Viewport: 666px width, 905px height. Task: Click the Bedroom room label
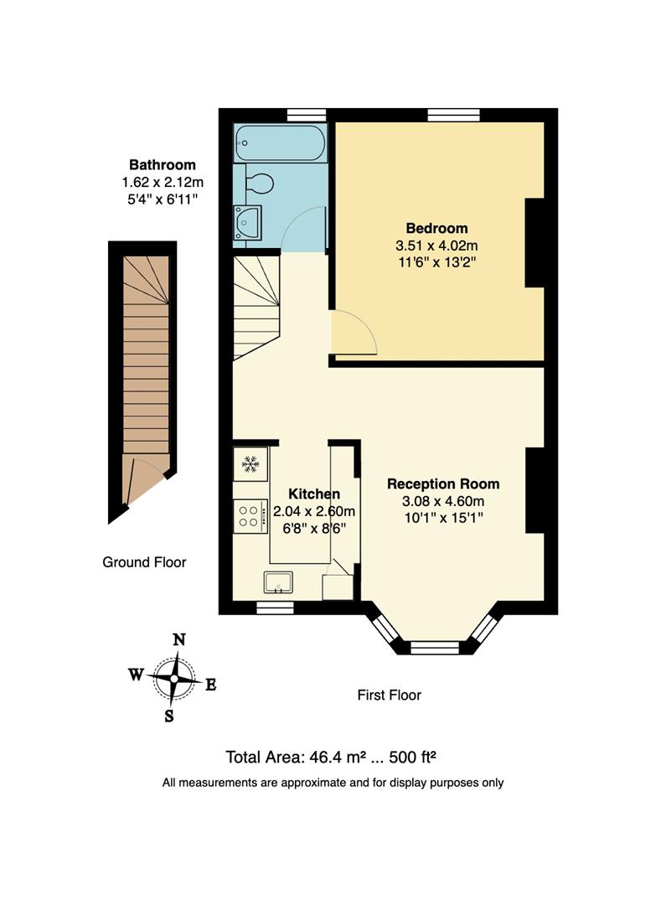pyautogui.click(x=436, y=228)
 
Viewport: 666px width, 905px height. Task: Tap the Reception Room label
pyautogui.click(x=442, y=484)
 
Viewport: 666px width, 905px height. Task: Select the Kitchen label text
pyautogui.click(x=314, y=494)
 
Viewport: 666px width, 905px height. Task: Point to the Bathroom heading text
pyautogui.click(x=162, y=165)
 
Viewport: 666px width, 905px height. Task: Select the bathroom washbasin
pyautogui.click(x=249, y=223)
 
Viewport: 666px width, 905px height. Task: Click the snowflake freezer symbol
pyautogui.click(x=250, y=462)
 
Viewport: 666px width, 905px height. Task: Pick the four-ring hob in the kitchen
pyautogui.click(x=249, y=514)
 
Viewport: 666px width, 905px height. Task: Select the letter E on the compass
pyautogui.click(x=211, y=685)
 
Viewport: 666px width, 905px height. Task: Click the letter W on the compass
pyautogui.click(x=136, y=674)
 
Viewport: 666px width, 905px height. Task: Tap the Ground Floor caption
pyautogui.click(x=144, y=562)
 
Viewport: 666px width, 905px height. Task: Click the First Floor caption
pyautogui.click(x=389, y=695)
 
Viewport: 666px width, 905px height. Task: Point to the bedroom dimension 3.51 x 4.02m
pyautogui.click(x=436, y=246)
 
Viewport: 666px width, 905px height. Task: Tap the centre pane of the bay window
pyautogui.click(x=435, y=646)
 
